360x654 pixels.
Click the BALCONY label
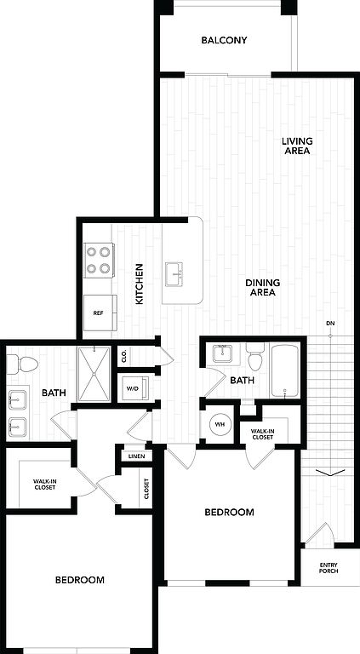pyautogui.click(x=224, y=41)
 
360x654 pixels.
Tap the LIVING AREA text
pyautogui.click(x=297, y=146)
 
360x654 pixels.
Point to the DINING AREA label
pyautogui.click(x=262, y=287)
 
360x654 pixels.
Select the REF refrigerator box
pyautogui.click(x=100, y=313)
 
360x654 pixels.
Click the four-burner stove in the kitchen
pyautogui.click(x=99, y=260)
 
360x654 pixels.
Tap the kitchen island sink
pyautogui.click(x=174, y=274)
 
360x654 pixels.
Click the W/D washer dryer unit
pyautogui.click(x=132, y=388)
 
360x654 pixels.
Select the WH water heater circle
pyautogui.click(x=220, y=424)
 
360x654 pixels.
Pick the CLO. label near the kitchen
pyautogui.click(x=124, y=356)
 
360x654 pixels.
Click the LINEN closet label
pyautogui.click(x=137, y=456)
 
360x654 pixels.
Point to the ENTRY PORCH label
pyautogui.click(x=329, y=568)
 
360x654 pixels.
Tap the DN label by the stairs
pyautogui.click(x=330, y=324)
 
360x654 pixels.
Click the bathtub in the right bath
pyautogui.click(x=285, y=370)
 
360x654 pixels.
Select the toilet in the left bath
pyautogui.click(x=23, y=364)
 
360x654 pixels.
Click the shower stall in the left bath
pyautogui.click(x=94, y=374)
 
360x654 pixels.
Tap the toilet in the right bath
pyautogui.click(x=254, y=357)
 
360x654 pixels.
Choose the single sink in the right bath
pyautogui.click(x=224, y=353)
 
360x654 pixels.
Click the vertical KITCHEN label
pyautogui.click(x=140, y=284)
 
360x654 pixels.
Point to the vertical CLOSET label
pyautogui.click(x=146, y=489)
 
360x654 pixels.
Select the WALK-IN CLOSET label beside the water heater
pyautogui.click(x=262, y=434)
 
